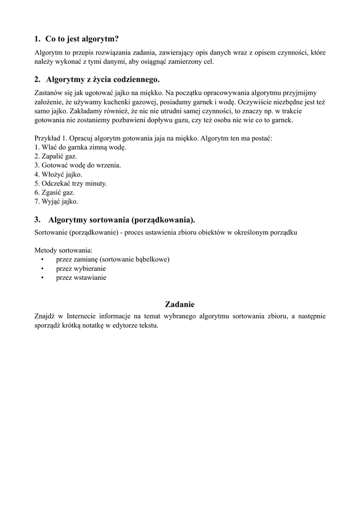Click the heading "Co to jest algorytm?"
(82, 39)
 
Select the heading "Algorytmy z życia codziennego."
(102, 79)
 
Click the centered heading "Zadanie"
(180, 304)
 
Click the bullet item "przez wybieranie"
(81, 268)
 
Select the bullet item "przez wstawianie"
(81, 278)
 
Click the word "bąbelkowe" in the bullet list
(151, 259)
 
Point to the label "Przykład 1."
(51, 138)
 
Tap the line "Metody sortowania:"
(64, 250)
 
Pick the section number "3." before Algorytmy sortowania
(38, 220)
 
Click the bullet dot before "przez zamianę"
(43, 259)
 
